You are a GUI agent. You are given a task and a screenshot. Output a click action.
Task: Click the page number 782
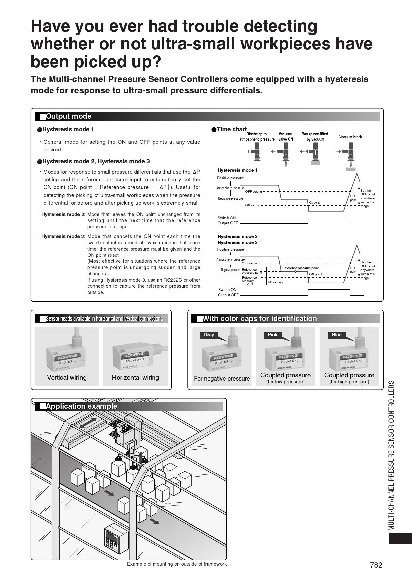(376, 565)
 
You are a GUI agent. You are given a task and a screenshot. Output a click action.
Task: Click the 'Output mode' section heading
(68, 116)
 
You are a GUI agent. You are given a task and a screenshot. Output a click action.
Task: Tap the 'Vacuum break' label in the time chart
(351, 137)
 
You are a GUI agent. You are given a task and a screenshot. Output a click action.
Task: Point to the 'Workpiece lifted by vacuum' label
(315, 137)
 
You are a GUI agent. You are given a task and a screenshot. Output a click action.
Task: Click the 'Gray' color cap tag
(209, 335)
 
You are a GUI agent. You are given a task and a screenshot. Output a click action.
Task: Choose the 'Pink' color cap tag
(272, 335)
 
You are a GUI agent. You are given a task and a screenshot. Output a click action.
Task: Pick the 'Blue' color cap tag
(336, 335)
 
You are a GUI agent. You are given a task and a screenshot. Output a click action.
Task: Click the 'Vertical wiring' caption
(67, 377)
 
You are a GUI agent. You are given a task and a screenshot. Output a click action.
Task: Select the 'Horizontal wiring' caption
(135, 377)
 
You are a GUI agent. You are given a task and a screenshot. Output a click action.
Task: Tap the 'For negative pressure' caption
(222, 379)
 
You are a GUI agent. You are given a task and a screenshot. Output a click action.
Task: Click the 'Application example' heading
(81, 406)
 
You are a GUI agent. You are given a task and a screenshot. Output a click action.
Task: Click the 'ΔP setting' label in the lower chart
(275, 282)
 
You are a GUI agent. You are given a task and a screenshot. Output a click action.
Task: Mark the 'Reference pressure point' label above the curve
(300, 268)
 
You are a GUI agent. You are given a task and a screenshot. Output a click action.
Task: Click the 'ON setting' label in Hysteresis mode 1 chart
(253, 205)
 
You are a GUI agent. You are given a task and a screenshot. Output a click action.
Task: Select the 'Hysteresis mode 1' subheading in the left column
(68, 129)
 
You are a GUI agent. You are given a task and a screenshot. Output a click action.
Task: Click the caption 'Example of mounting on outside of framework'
(176, 564)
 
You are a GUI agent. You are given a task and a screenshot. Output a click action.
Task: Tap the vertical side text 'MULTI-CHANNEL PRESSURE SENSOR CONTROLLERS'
(392, 455)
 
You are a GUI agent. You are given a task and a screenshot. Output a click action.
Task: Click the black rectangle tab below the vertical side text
(400, 538)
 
